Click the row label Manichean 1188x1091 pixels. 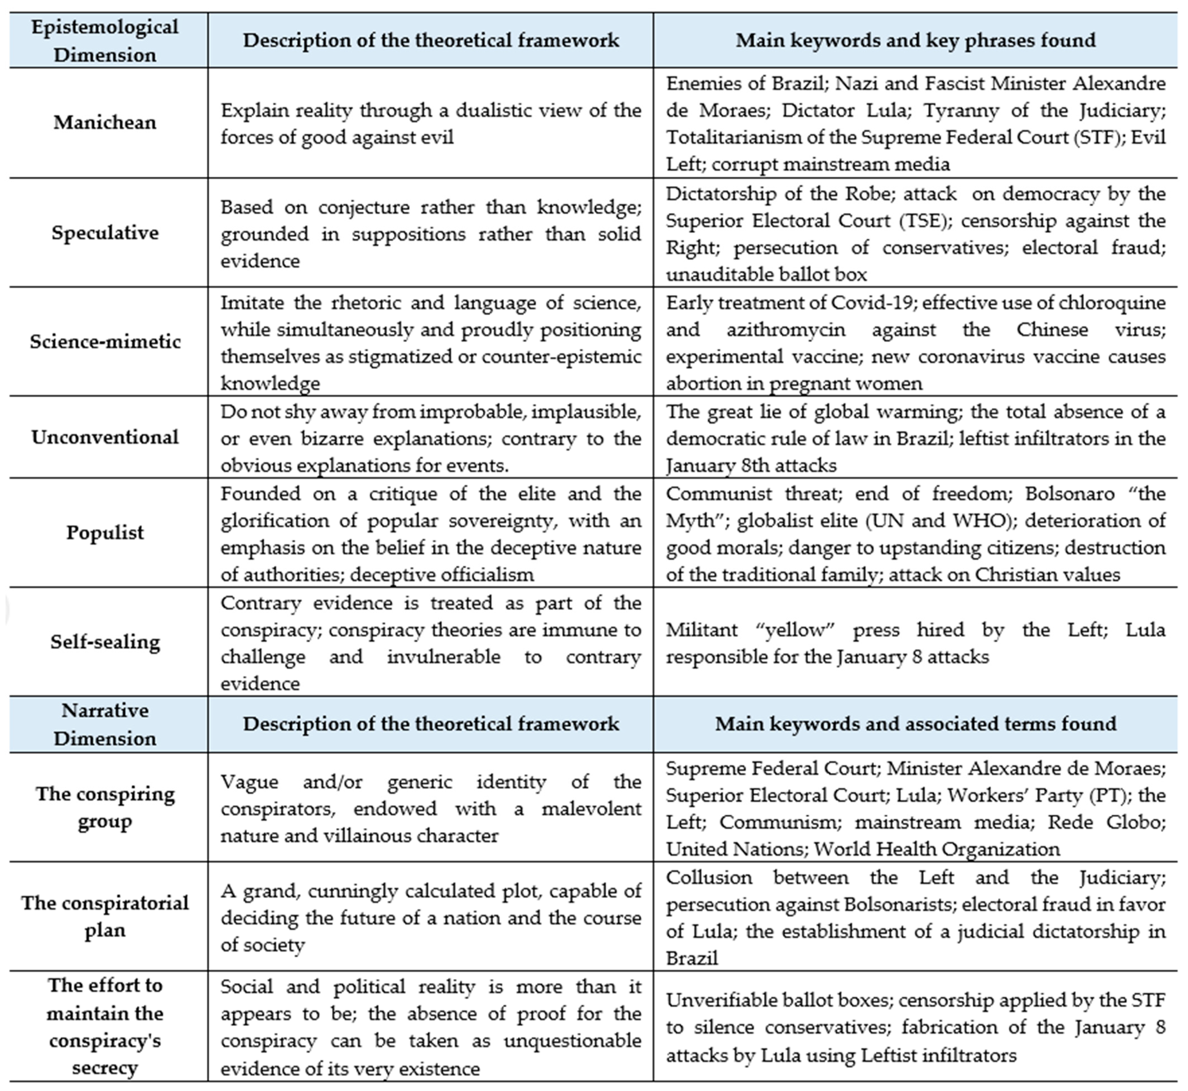[x=105, y=122]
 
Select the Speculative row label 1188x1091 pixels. [x=105, y=232]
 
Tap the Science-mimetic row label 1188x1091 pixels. [x=105, y=341]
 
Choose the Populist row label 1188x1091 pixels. [x=105, y=533]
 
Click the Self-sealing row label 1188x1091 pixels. [x=105, y=642]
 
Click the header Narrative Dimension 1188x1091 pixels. [x=105, y=724]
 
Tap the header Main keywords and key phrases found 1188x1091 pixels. [x=915, y=40]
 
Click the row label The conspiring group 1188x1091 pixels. [x=105, y=807]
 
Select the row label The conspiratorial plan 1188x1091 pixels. [x=105, y=916]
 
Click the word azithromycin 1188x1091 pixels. [x=785, y=329]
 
